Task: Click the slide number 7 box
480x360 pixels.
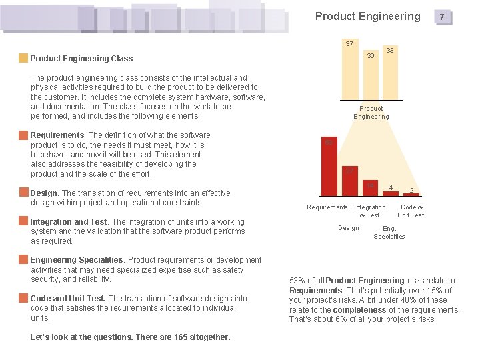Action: pyautogui.click(x=441, y=17)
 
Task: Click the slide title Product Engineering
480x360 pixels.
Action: pyautogui.click(x=367, y=16)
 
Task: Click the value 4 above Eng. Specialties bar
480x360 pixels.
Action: pyautogui.click(x=390, y=187)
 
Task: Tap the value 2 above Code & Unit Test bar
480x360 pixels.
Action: pyautogui.click(x=411, y=190)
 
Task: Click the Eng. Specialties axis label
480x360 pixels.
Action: pyautogui.click(x=389, y=232)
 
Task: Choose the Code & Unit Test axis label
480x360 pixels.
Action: pyautogui.click(x=411, y=211)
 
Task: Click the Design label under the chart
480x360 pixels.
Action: pyautogui.click(x=348, y=228)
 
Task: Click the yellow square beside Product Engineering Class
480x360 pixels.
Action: pyautogui.click(x=23, y=58)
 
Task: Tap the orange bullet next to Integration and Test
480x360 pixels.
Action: pyautogui.click(x=23, y=221)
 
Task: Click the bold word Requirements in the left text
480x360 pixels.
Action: pyautogui.click(x=57, y=135)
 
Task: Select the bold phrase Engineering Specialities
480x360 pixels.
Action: pyautogui.click(x=77, y=260)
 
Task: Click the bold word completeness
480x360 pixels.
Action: pyautogui.click(x=360, y=310)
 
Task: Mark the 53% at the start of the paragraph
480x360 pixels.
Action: pyautogui.click(x=298, y=281)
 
